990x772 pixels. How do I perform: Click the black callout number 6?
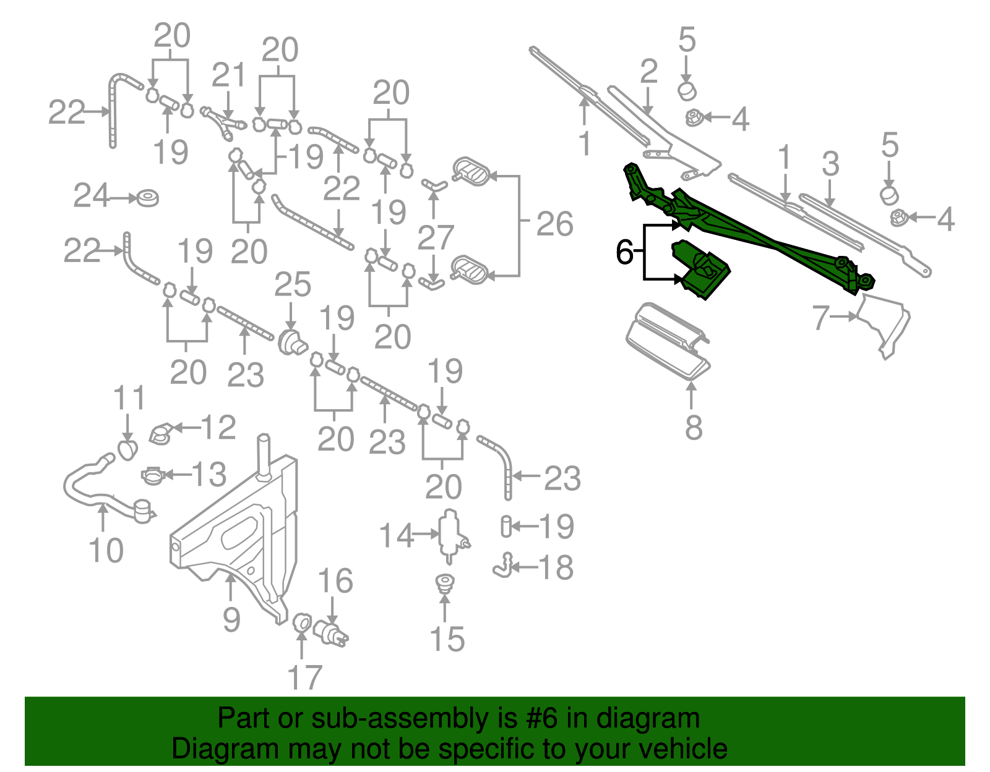tap(624, 252)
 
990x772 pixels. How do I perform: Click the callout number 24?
tap(91, 196)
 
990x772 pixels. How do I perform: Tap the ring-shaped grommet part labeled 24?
tap(147, 198)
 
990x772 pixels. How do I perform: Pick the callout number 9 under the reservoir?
tap(231, 619)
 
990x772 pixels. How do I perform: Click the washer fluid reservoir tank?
tap(241, 532)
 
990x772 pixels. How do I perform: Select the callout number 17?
tap(304, 678)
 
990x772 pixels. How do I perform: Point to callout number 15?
tap(447, 639)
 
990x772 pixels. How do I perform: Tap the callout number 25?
tap(292, 285)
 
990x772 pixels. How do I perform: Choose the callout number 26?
tap(554, 224)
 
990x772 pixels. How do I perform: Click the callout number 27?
tap(436, 238)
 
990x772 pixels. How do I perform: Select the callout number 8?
tap(694, 427)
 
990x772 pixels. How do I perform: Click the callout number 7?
tap(820, 318)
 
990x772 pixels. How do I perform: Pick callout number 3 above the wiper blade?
tap(830, 164)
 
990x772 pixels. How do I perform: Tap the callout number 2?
tap(648, 72)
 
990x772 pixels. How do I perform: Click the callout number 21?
tap(228, 75)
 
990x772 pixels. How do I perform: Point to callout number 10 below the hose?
tap(106, 550)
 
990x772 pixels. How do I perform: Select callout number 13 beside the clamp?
tap(209, 474)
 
